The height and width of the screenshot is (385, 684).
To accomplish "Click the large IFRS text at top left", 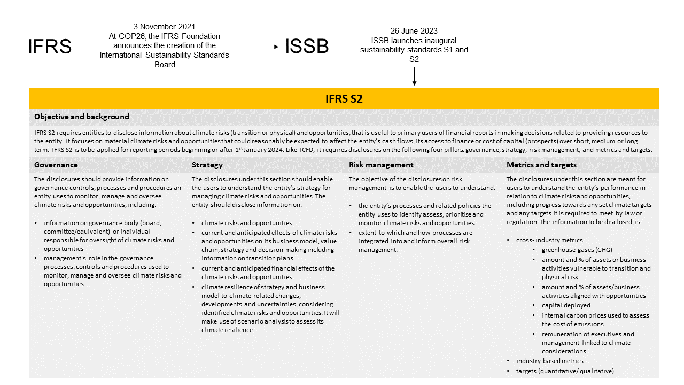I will (50, 47).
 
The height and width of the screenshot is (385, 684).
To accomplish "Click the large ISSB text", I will (307, 47).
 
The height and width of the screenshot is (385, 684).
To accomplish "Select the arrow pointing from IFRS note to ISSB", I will (260, 47).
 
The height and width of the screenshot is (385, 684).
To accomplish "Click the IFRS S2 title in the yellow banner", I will (344, 98).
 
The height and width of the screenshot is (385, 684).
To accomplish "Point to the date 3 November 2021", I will (164, 27).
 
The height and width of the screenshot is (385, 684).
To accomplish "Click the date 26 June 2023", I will (414, 31).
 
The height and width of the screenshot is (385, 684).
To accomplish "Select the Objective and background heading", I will (81, 117).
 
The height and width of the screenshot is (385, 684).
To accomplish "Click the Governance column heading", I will (56, 165).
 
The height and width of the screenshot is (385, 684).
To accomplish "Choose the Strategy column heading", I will (207, 165).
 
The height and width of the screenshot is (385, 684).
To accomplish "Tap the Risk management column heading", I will (381, 165).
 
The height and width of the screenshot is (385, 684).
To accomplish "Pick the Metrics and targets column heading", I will (541, 165).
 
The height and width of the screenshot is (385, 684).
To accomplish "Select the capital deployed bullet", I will (566, 305).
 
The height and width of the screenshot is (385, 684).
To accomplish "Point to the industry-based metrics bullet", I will (549, 361).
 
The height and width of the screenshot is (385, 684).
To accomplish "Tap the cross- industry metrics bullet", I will (549, 240).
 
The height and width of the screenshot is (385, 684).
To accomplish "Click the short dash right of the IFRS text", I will (82, 47).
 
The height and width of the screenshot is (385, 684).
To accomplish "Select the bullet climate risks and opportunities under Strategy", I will (246, 223).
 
